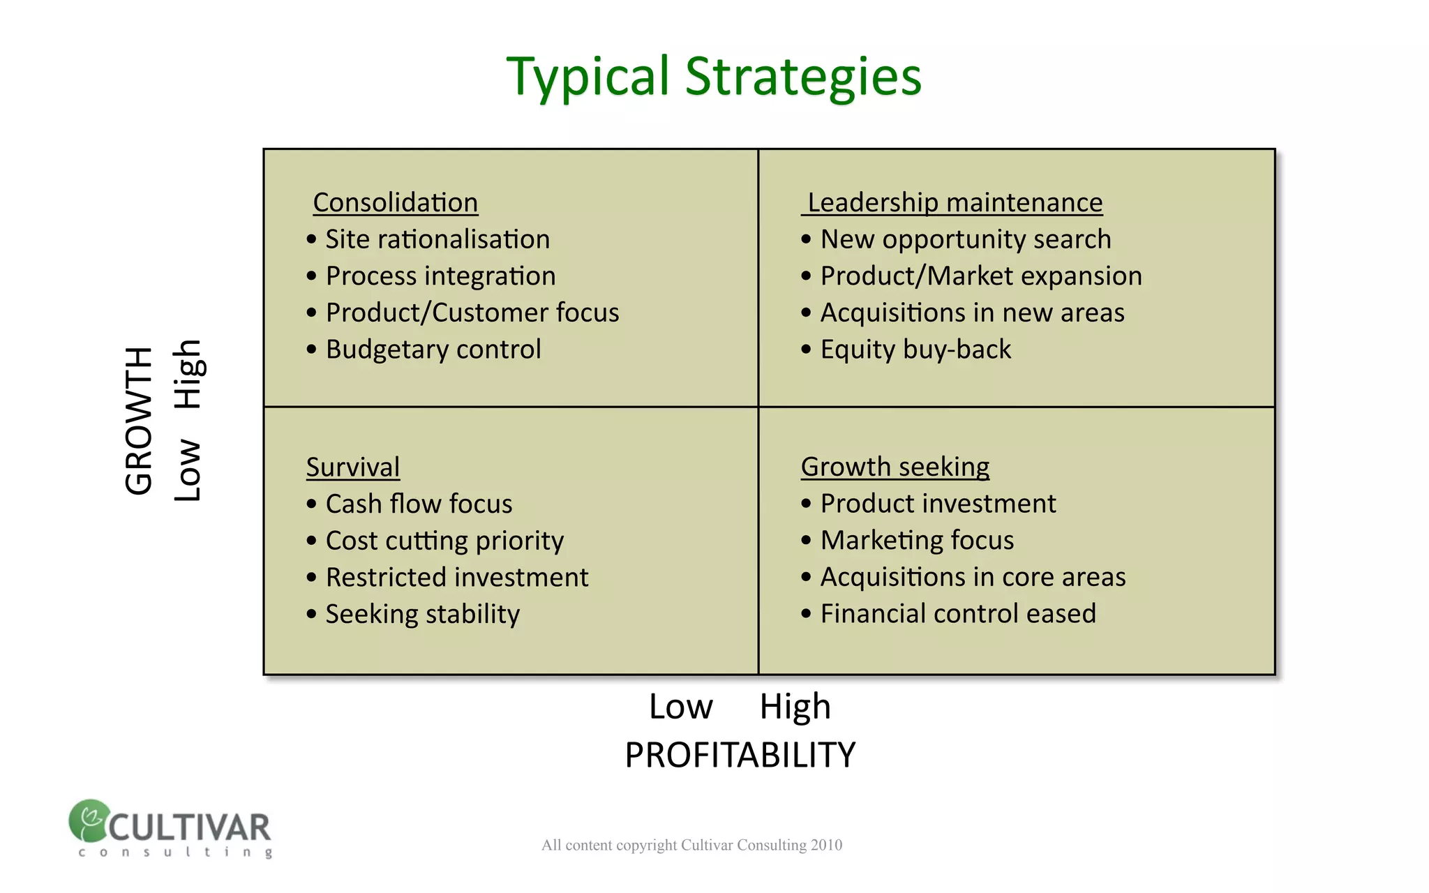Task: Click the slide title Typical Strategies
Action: point(713,77)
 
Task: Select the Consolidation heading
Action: point(395,202)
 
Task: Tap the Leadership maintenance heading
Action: point(954,202)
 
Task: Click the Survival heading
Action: point(352,467)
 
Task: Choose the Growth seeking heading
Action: point(895,466)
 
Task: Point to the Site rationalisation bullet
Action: point(437,239)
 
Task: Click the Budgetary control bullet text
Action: point(433,349)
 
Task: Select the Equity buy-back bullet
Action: point(915,349)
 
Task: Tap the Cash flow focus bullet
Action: point(419,504)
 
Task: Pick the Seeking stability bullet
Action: point(422,614)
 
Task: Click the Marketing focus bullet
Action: point(916,540)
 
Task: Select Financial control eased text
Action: point(957,614)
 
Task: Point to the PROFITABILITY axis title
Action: point(740,755)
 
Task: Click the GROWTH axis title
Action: point(139,421)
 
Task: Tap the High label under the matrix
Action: point(795,707)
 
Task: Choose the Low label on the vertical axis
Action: point(188,470)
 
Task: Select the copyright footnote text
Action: point(691,845)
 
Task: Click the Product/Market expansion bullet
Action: point(980,276)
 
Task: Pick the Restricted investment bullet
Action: point(456,577)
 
